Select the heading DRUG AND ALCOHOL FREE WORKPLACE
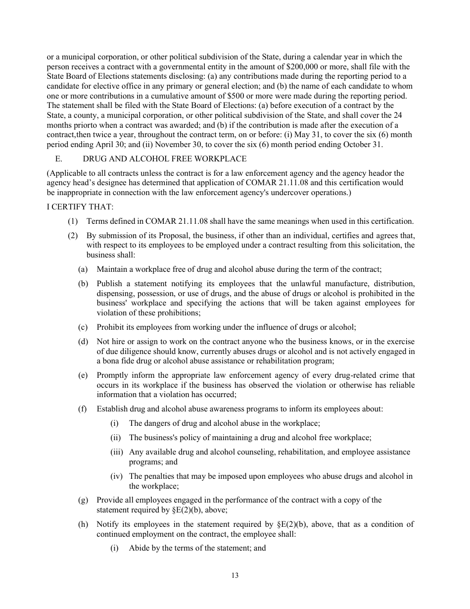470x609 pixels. point(164,159)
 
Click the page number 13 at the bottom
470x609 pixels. point(235,575)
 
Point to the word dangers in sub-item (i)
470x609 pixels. point(158,423)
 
